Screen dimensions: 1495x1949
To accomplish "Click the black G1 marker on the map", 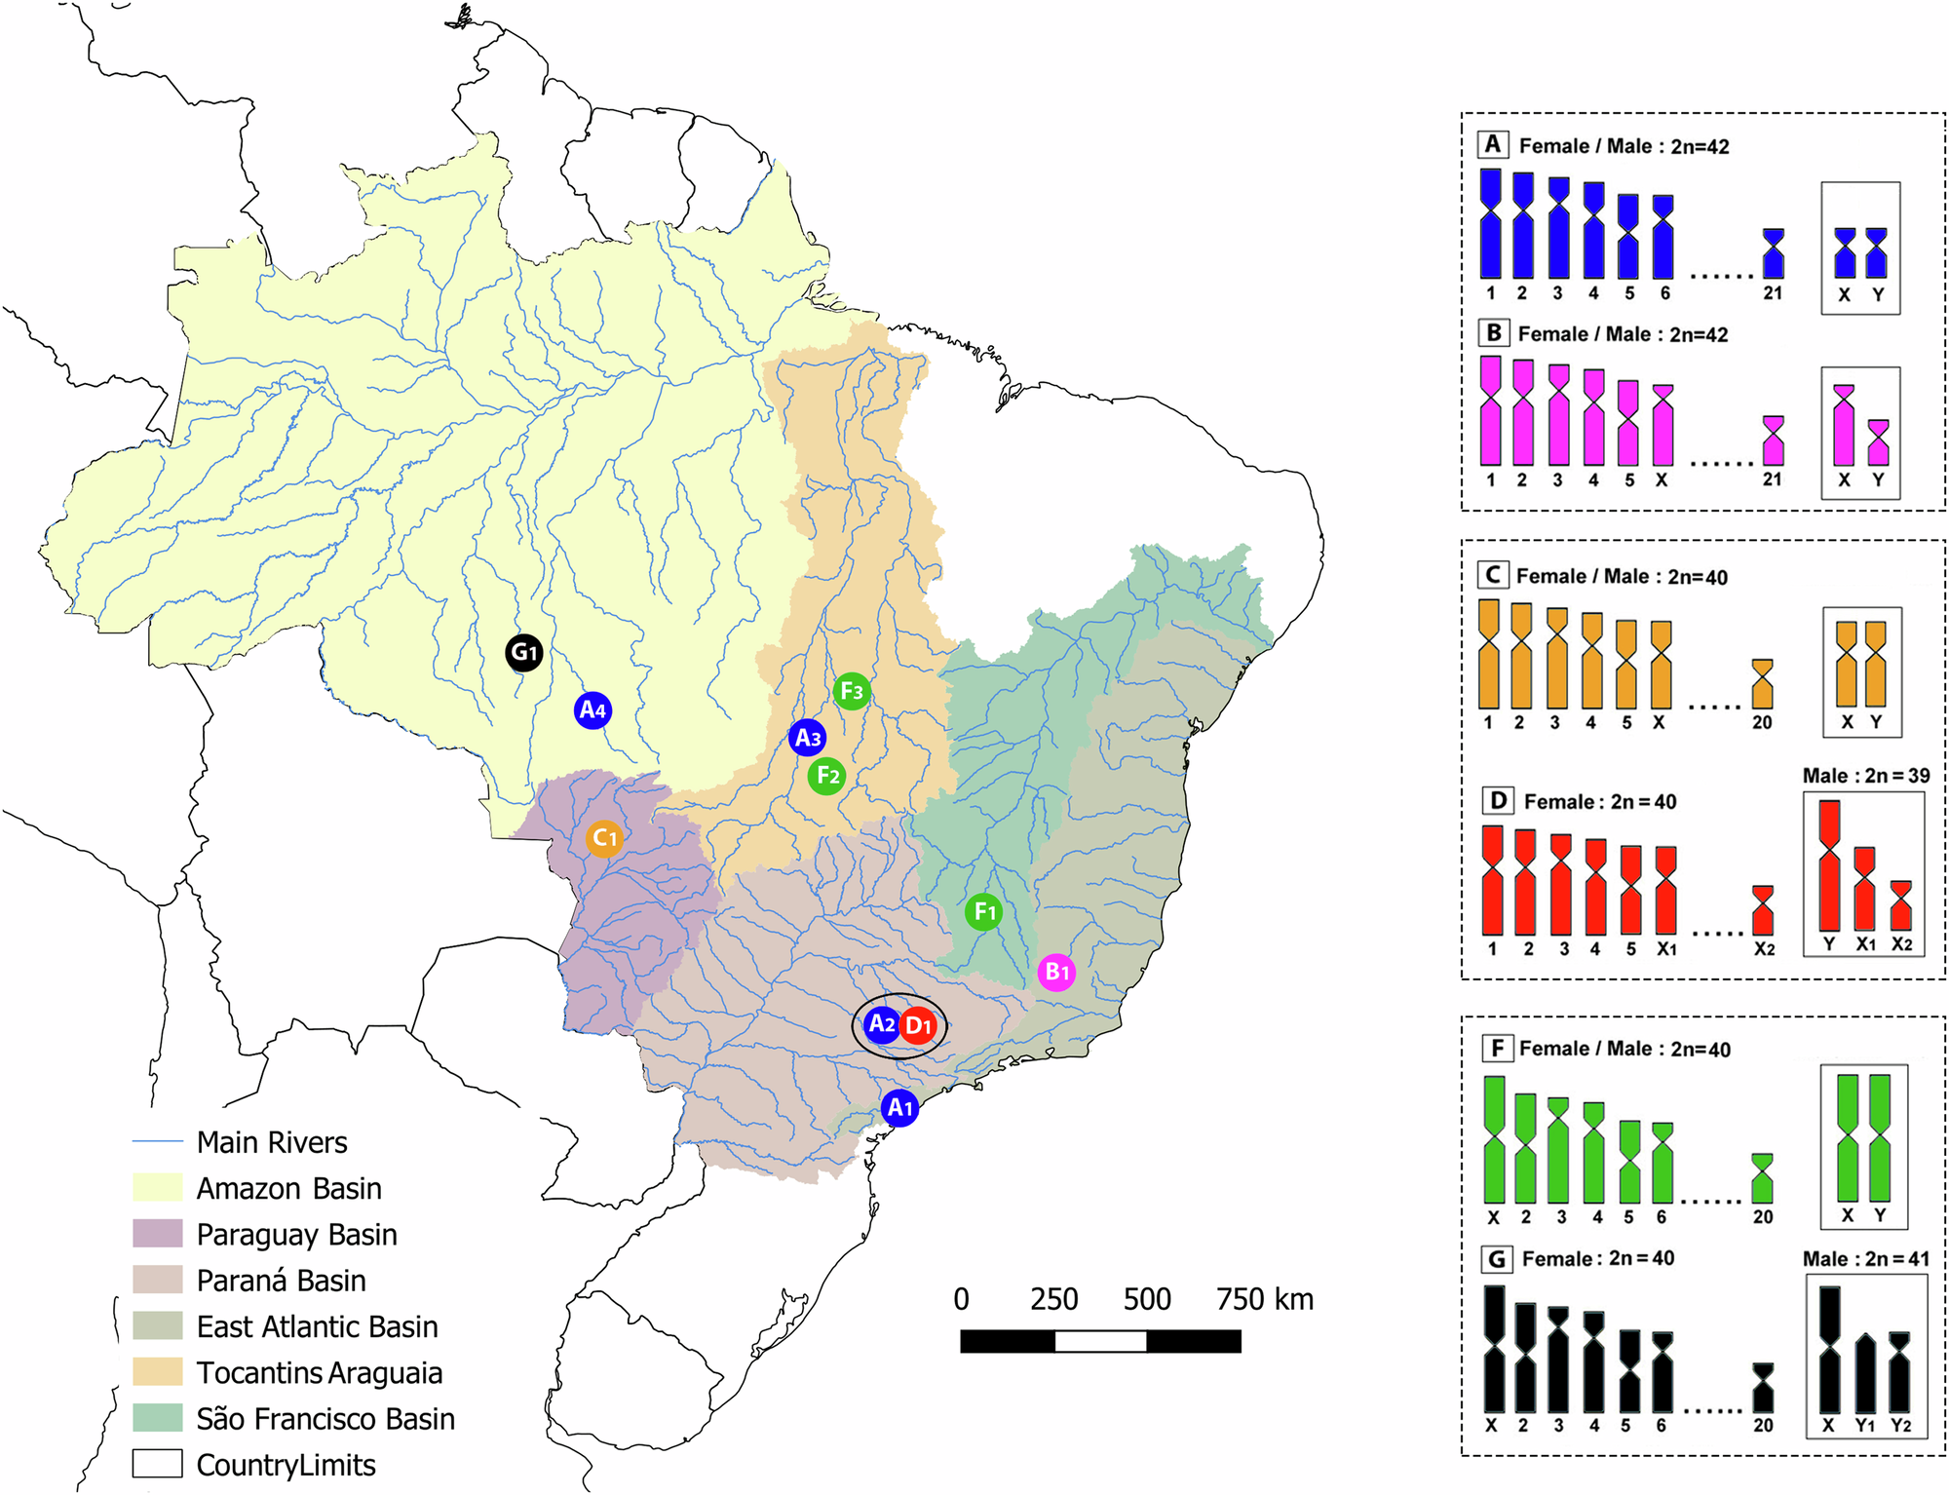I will (x=523, y=652).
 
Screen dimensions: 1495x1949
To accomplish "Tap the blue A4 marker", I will (x=592, y=710).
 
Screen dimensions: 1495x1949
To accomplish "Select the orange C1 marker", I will (x=604, y=837).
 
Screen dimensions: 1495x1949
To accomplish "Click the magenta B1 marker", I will (x=1056, y=972).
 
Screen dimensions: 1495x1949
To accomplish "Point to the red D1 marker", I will (x=918, y=1025).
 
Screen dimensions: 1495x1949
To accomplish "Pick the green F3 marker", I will (x=852, y=691).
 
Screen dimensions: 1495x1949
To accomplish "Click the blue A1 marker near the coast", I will (x=899, y=1108).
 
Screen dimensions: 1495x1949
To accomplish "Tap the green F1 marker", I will (x=984, y=912).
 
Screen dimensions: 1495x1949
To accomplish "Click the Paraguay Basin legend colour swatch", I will (x=157, y=1234).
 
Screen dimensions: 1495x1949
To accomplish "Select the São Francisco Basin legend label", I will (x=325, y=1419).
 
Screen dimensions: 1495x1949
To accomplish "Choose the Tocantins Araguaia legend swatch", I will (x=157, y=1372).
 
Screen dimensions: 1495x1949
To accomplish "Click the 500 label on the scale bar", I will (x=1146, y=1300).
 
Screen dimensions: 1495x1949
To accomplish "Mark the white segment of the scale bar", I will (x=1100, y=1342).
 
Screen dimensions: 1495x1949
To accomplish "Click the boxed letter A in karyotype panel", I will (x=1493, y=144).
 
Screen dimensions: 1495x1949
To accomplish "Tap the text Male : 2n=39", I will (x=1865, y=776).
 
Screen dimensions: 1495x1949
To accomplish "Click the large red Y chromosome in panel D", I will (x=1829, y=865).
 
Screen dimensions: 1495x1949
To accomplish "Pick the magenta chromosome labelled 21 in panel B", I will (x=1774, y=441).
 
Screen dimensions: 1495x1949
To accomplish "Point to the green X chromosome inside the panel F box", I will (x=1848, y=1137).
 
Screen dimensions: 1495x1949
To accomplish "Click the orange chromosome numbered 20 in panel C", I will (x=1762, y=684).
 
